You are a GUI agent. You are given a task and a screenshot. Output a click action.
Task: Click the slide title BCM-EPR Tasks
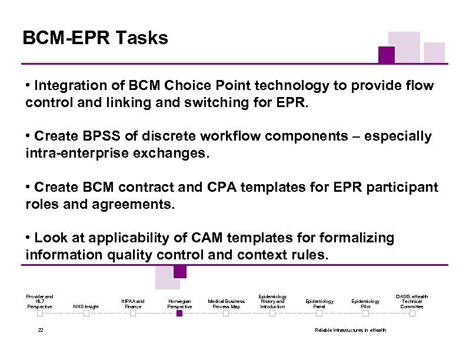pos(95,39)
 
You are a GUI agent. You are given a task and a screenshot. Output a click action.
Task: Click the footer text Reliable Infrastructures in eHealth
pos(351,330)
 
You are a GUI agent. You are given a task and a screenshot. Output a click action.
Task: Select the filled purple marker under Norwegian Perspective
pos(179,314)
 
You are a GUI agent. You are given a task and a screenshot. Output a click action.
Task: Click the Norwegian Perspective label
pos(179,304)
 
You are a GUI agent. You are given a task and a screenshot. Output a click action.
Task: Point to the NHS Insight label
pos(86,306)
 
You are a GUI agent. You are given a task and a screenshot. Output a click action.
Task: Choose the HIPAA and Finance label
pos(133,304)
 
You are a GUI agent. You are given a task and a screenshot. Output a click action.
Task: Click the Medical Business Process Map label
pos(226,304)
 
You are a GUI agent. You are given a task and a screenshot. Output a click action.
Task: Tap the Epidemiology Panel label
pos(319,304)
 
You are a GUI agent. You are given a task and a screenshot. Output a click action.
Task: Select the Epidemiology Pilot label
pos(365,304)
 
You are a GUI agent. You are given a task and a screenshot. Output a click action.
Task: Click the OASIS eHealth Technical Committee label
pos(412,301)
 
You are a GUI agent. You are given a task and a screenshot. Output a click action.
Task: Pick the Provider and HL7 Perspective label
pos(39,301)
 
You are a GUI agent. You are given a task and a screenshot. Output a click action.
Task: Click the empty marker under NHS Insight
pos(86,314)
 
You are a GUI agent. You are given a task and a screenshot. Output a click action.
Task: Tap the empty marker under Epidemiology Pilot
pos(365,314)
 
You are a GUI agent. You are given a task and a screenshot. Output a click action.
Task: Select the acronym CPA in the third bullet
pos(233,187)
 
